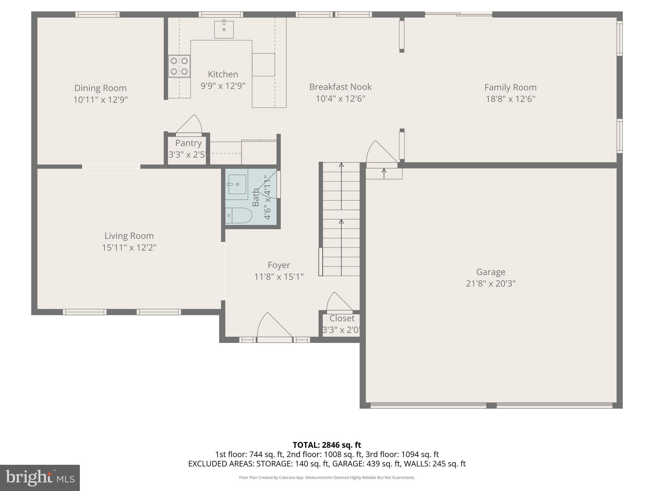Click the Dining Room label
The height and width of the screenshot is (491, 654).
(100, 88)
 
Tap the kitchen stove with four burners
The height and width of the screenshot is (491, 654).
(179, 66)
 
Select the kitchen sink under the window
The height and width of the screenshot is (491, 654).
(224, 29)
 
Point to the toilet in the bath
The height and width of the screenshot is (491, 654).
(239, 215)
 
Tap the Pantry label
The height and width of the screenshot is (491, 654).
(188, 143)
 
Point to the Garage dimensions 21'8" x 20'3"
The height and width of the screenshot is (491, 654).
(490, 284)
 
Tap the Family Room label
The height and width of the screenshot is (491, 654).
(510, 87)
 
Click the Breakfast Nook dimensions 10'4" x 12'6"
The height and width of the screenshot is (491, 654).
(340, 98)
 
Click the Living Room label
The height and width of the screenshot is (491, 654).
(129, 236)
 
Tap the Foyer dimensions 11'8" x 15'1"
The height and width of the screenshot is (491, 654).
(279, 277)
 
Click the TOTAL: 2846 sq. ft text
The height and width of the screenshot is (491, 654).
(327, 445)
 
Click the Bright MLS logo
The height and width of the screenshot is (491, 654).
(40, 478)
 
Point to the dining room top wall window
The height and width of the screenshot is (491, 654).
(97, 14)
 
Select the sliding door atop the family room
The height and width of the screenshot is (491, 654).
(458, 14)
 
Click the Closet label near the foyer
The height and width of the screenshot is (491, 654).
(342, 318)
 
